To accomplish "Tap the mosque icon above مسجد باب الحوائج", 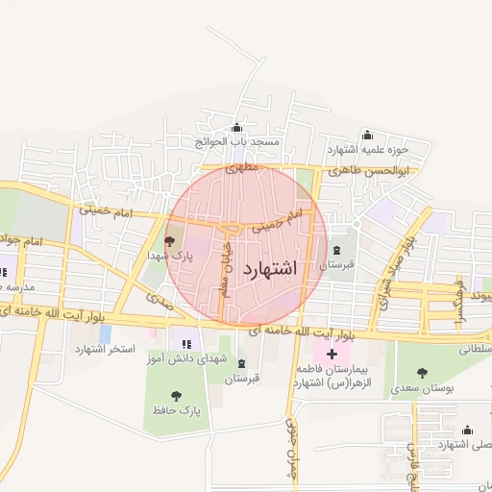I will coord(237,128).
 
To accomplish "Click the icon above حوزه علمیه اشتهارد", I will coord(366,135).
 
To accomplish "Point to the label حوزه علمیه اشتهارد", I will coord(368,150).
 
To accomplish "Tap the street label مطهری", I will coord(243,167).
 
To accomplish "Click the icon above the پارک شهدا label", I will coord(170,242).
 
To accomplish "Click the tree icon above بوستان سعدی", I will coord(422,373).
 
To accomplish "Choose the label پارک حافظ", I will coord(176,410).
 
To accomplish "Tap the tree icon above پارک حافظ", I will coord(176,395).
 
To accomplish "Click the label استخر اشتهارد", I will coord(107,348).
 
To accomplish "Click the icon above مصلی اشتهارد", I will coord(468,430).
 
